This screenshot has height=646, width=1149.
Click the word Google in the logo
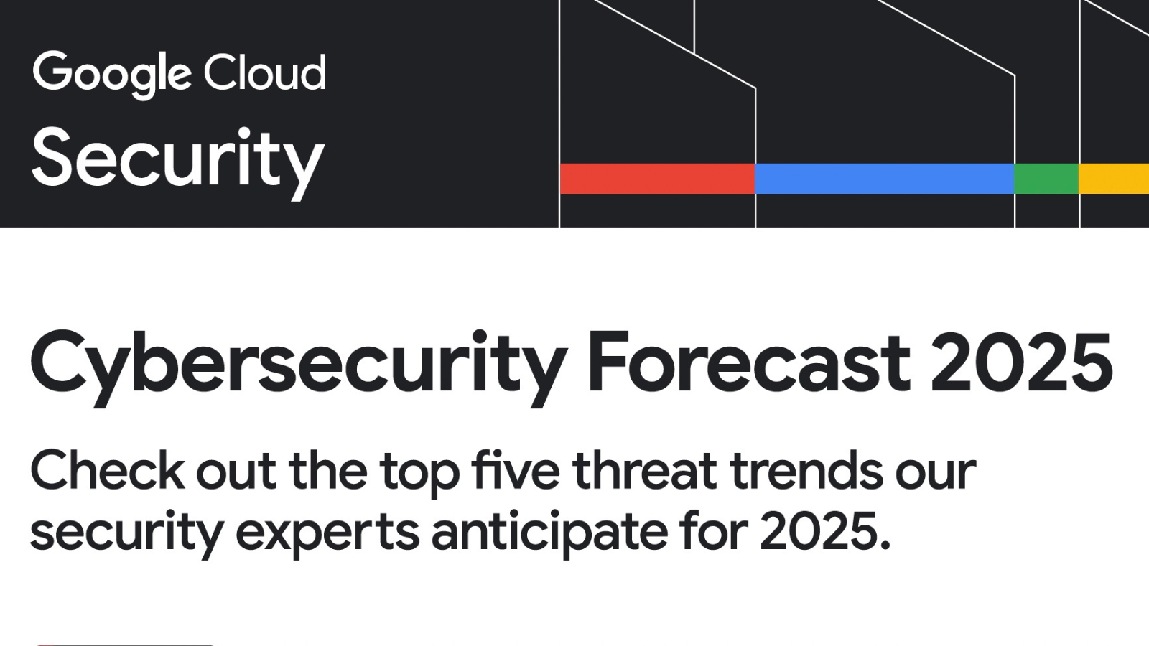pyautogui.click(x=111, y=75)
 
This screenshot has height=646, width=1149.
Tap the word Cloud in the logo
pyautogui.click(x=265, y=72)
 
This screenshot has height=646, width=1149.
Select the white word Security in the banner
pyautogui.click(x=178, y=163)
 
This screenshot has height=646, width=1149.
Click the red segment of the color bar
pyautogui.click(x=658, y=179)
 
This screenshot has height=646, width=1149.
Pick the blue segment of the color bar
pyautogui.click(x=885, y=179)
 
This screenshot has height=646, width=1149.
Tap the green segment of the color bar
pyautogui.click(x=1047, y=179)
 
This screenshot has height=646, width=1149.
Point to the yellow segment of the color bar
pyautogui.click(x=1114, y=179)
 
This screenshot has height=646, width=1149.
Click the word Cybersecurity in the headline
pyautogui.click(x=299, y=368)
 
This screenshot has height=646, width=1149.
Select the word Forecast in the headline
pyautogui.click(x=749, y=362)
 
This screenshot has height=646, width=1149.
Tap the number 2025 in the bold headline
pyautogui.click(x=1022, y=362)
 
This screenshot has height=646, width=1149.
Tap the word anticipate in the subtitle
pyautogui.click(x=549, y=533)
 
